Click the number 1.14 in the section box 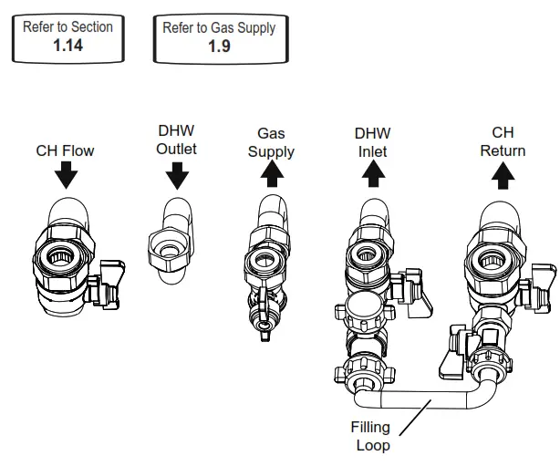coord(67,45)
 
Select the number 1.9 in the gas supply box coord(219,46)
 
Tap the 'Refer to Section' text coord(67,27)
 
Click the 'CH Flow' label coord(66,150)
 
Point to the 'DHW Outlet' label coord(176,141)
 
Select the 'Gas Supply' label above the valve coord(271,143)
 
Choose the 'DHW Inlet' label coord(372,141)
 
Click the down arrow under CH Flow coord(66,173)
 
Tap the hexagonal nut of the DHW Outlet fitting coord(169,245)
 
